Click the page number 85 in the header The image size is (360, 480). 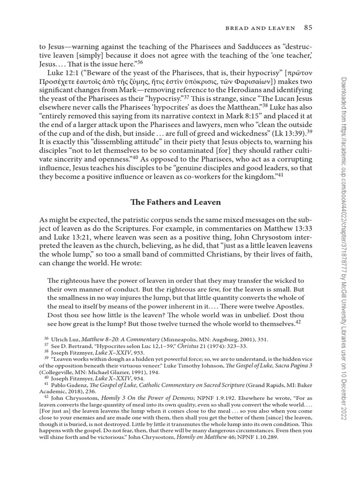tap(307, 28)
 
